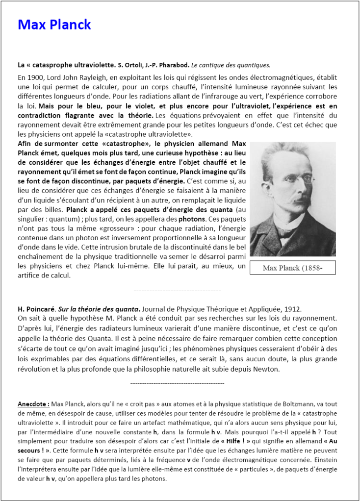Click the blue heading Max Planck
pos(54,25)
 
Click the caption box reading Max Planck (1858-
pos(292,268)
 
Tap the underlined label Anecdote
pos(33,404)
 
